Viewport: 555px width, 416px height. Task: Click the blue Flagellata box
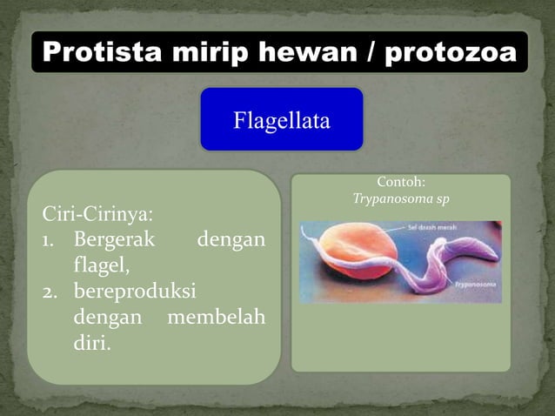(x=281, y=119)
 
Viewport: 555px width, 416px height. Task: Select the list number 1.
(x=50, y=238)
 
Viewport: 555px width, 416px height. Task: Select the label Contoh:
(x=400, y=182)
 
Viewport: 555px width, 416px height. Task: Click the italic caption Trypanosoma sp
(x=400, y=198)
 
